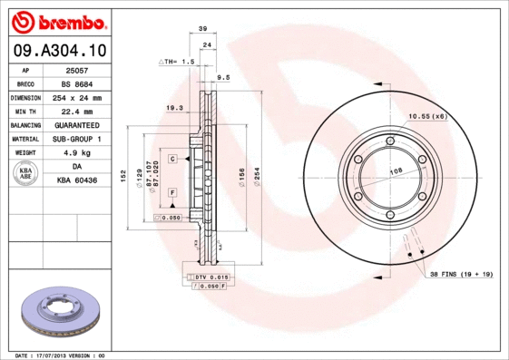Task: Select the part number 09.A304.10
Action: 59,50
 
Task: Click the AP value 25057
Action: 77,70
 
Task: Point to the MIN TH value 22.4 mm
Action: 77,111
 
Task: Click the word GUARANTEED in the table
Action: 77,125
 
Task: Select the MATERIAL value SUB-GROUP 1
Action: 77,139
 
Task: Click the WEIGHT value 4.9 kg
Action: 77,153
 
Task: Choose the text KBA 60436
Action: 77,180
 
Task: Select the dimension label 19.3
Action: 174,108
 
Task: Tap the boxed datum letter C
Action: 171,159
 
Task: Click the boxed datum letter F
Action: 171,193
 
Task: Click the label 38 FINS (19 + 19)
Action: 460,274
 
